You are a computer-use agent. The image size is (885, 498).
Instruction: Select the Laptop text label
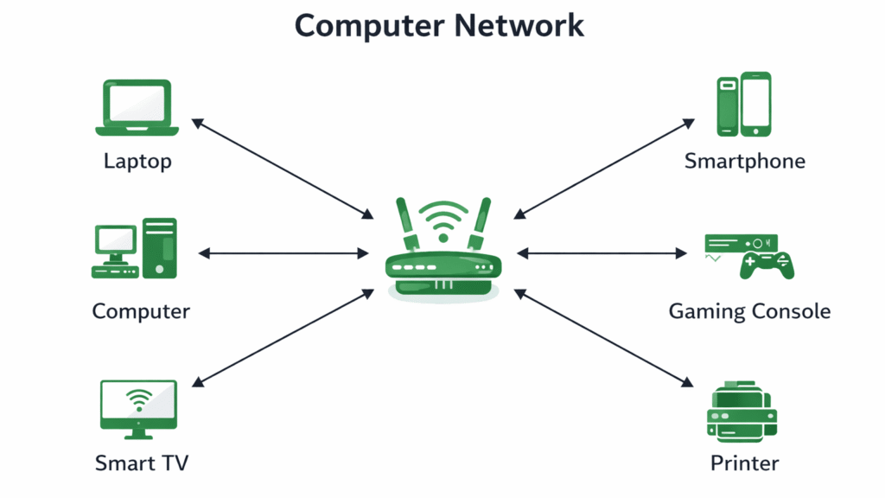tap(137, 161)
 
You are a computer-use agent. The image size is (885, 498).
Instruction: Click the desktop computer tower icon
tap(160, 248)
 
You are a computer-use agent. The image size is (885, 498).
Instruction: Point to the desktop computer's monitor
tap(115, 241)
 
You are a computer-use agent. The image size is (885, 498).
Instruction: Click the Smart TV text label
tap(141, 463)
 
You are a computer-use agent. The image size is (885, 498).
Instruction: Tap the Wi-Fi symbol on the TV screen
tap(138, 399)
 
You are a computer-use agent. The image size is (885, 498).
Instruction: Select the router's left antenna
tap(406, 225)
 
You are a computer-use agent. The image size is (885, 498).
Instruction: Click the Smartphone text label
tap(744, 161)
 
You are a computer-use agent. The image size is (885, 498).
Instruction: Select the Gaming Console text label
tap(749, 311)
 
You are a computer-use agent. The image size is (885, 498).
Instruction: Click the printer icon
tap(742, 413)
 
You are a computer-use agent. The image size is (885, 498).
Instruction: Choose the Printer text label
tap(744, 463)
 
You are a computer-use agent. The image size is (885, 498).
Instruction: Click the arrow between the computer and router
tap(283, 253)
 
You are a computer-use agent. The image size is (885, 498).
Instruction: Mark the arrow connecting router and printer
tap(605, 338)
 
